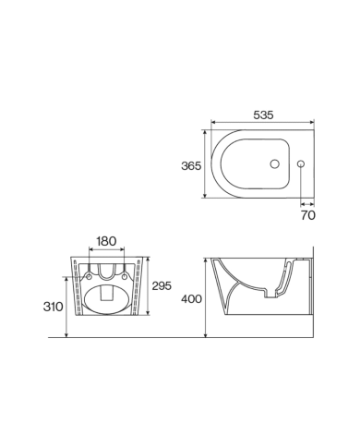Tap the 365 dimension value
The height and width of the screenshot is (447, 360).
pyautogui.click(x=190, y=166)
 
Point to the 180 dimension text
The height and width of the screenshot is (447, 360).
pyautogui.click(x=107, y=241)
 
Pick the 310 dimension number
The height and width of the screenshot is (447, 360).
pyautogui.click(x=52, y=307)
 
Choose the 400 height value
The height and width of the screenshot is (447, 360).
pyautogui.click(x=190, y=298)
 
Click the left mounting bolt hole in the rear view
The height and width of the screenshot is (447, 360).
pyautogui.click(x=90, y=273)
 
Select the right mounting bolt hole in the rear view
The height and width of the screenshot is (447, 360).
pyautogui.click(x=124, y=273)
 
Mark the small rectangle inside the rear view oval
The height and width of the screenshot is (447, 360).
pyautogui.click(x=106, y=297)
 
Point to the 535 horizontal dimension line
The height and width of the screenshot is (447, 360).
pyautogui.click(x=263, y=124)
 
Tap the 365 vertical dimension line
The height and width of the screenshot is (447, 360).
pyautogui.click(x=205, y=166)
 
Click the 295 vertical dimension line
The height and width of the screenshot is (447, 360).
pyautogui.click(x=150, y=287)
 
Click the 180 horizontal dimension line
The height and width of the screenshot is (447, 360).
pyautogui.click(x=107, y=250)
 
